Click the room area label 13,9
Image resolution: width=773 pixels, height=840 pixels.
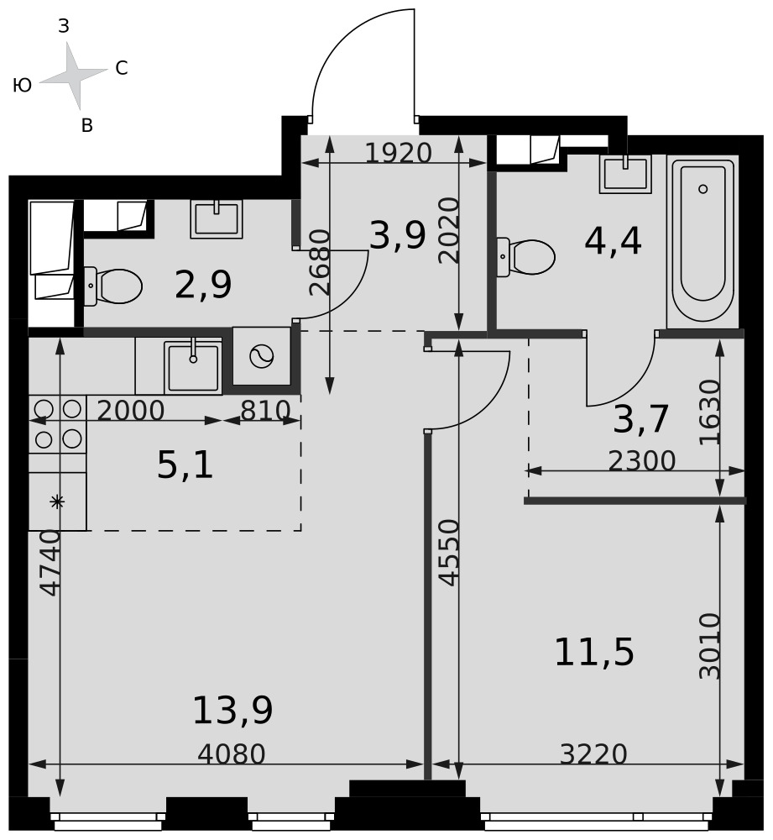coord(232,711)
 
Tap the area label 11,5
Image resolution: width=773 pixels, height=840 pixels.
coord(593,653)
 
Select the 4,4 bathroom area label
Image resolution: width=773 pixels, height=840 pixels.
coord(613,241)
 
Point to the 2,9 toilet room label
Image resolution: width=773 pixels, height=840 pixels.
coord(203,284)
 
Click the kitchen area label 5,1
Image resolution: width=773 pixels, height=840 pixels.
coord(185,465)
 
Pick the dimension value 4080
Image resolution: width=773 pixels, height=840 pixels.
coord(232,754)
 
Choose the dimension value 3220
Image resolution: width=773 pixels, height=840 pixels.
coord(593,754)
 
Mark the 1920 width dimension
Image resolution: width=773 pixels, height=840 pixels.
coord(399,153)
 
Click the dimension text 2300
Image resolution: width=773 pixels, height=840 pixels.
coord(642,460)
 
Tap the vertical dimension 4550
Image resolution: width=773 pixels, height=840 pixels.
coord(448,553)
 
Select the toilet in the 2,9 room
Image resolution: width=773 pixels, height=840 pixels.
coord(113,286)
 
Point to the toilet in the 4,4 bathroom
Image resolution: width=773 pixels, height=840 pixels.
coord(525,257)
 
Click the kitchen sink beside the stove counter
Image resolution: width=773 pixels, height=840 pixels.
coord(193,366)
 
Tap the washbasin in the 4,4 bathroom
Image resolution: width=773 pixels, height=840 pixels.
coord(625,174)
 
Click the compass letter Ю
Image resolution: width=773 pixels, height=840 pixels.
coord(22,85)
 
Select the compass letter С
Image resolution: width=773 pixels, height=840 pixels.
coord(122,68)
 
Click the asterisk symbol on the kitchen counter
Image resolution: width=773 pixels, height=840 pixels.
coord(57,502)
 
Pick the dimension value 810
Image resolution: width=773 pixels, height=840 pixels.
coord(265,411)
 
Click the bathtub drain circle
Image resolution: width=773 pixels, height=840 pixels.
coord(702,188)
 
